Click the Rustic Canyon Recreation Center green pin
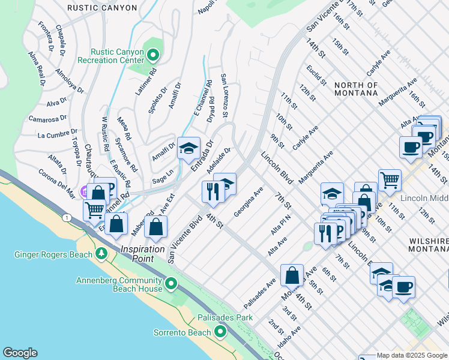[153, 56]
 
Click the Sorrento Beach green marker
[221, 331]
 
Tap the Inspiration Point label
[142, 249]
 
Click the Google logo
[20, 353]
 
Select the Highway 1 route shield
[65, 216]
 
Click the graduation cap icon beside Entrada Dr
[188, 148]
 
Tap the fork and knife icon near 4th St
[212, 191]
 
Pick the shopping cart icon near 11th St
[390, 179]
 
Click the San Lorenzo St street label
[224, 96]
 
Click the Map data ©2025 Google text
[411, 355]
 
